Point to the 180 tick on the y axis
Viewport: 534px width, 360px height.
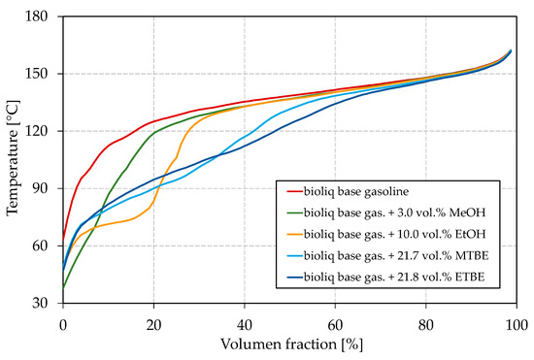46,16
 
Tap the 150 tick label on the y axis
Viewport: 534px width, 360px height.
46,74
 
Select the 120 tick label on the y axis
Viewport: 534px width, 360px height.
46,131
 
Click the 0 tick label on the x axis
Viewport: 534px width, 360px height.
63,319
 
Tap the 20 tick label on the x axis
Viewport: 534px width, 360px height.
153,319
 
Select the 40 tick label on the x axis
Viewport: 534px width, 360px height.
245,319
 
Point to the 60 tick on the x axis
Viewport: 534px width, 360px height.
335,319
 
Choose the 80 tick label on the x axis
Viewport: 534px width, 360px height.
426,319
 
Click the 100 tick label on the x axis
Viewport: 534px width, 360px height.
516,319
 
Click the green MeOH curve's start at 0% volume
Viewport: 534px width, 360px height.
64,287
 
